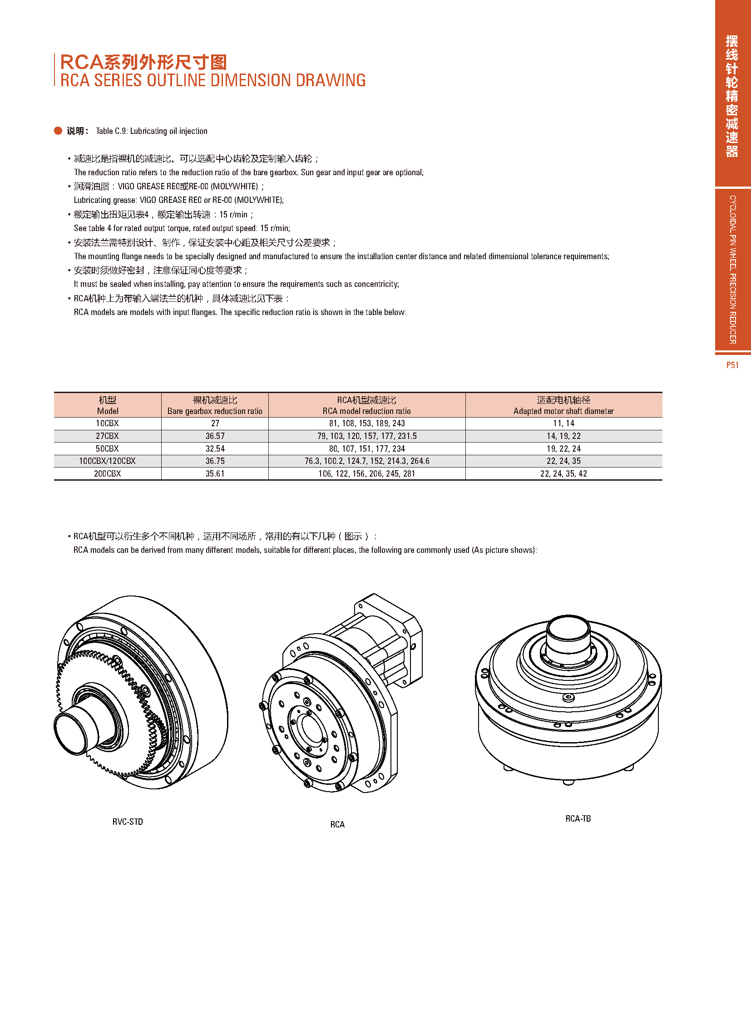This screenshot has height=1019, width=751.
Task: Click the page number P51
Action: point(732,365)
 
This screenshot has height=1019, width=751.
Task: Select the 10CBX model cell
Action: point(107,423)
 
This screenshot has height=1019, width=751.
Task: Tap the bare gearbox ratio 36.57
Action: point(215,436)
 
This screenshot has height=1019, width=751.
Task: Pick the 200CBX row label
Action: point(107,473)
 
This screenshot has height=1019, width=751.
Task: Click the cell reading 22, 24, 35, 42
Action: point(564,473)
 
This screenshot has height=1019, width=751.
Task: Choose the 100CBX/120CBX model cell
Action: point(107,461)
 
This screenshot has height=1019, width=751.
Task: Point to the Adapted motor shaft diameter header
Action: point(564,411)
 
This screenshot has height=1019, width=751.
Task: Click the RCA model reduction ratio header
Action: point(367,411)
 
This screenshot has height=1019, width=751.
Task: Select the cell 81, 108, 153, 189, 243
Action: point(367,423)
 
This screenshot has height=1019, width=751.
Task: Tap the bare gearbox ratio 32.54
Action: point(215,448)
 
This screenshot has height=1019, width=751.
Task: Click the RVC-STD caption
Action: point(128,822)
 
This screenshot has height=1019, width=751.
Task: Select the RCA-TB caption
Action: point(578,818)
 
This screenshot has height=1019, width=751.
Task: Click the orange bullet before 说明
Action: point(58,131)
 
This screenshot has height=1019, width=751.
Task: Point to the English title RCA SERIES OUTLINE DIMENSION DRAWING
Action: point(213,80)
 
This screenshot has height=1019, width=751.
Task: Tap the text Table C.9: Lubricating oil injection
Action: point(151,131)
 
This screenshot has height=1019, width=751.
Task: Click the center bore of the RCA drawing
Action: point(312,729)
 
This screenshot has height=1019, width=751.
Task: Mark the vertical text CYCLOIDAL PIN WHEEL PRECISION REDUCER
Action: point(732,270)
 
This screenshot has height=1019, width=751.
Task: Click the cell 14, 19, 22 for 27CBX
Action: point(564,436)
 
